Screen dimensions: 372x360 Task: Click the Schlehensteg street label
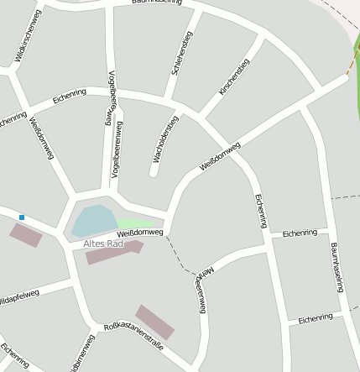pos(182,54)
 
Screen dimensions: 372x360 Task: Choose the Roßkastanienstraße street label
pos(133,335)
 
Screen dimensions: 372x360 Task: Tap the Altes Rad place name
pos(103,244)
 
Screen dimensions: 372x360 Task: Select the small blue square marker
pos(22,217)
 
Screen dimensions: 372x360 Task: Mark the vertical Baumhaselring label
pos(337,267)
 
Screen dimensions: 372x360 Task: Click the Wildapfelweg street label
pos(18,295)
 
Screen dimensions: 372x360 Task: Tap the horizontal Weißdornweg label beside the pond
pos(139,232)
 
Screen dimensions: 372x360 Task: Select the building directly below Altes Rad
pos(113,253)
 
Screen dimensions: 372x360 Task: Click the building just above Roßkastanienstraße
pos(155,322)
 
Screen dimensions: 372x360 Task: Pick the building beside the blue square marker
pos(25,234)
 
